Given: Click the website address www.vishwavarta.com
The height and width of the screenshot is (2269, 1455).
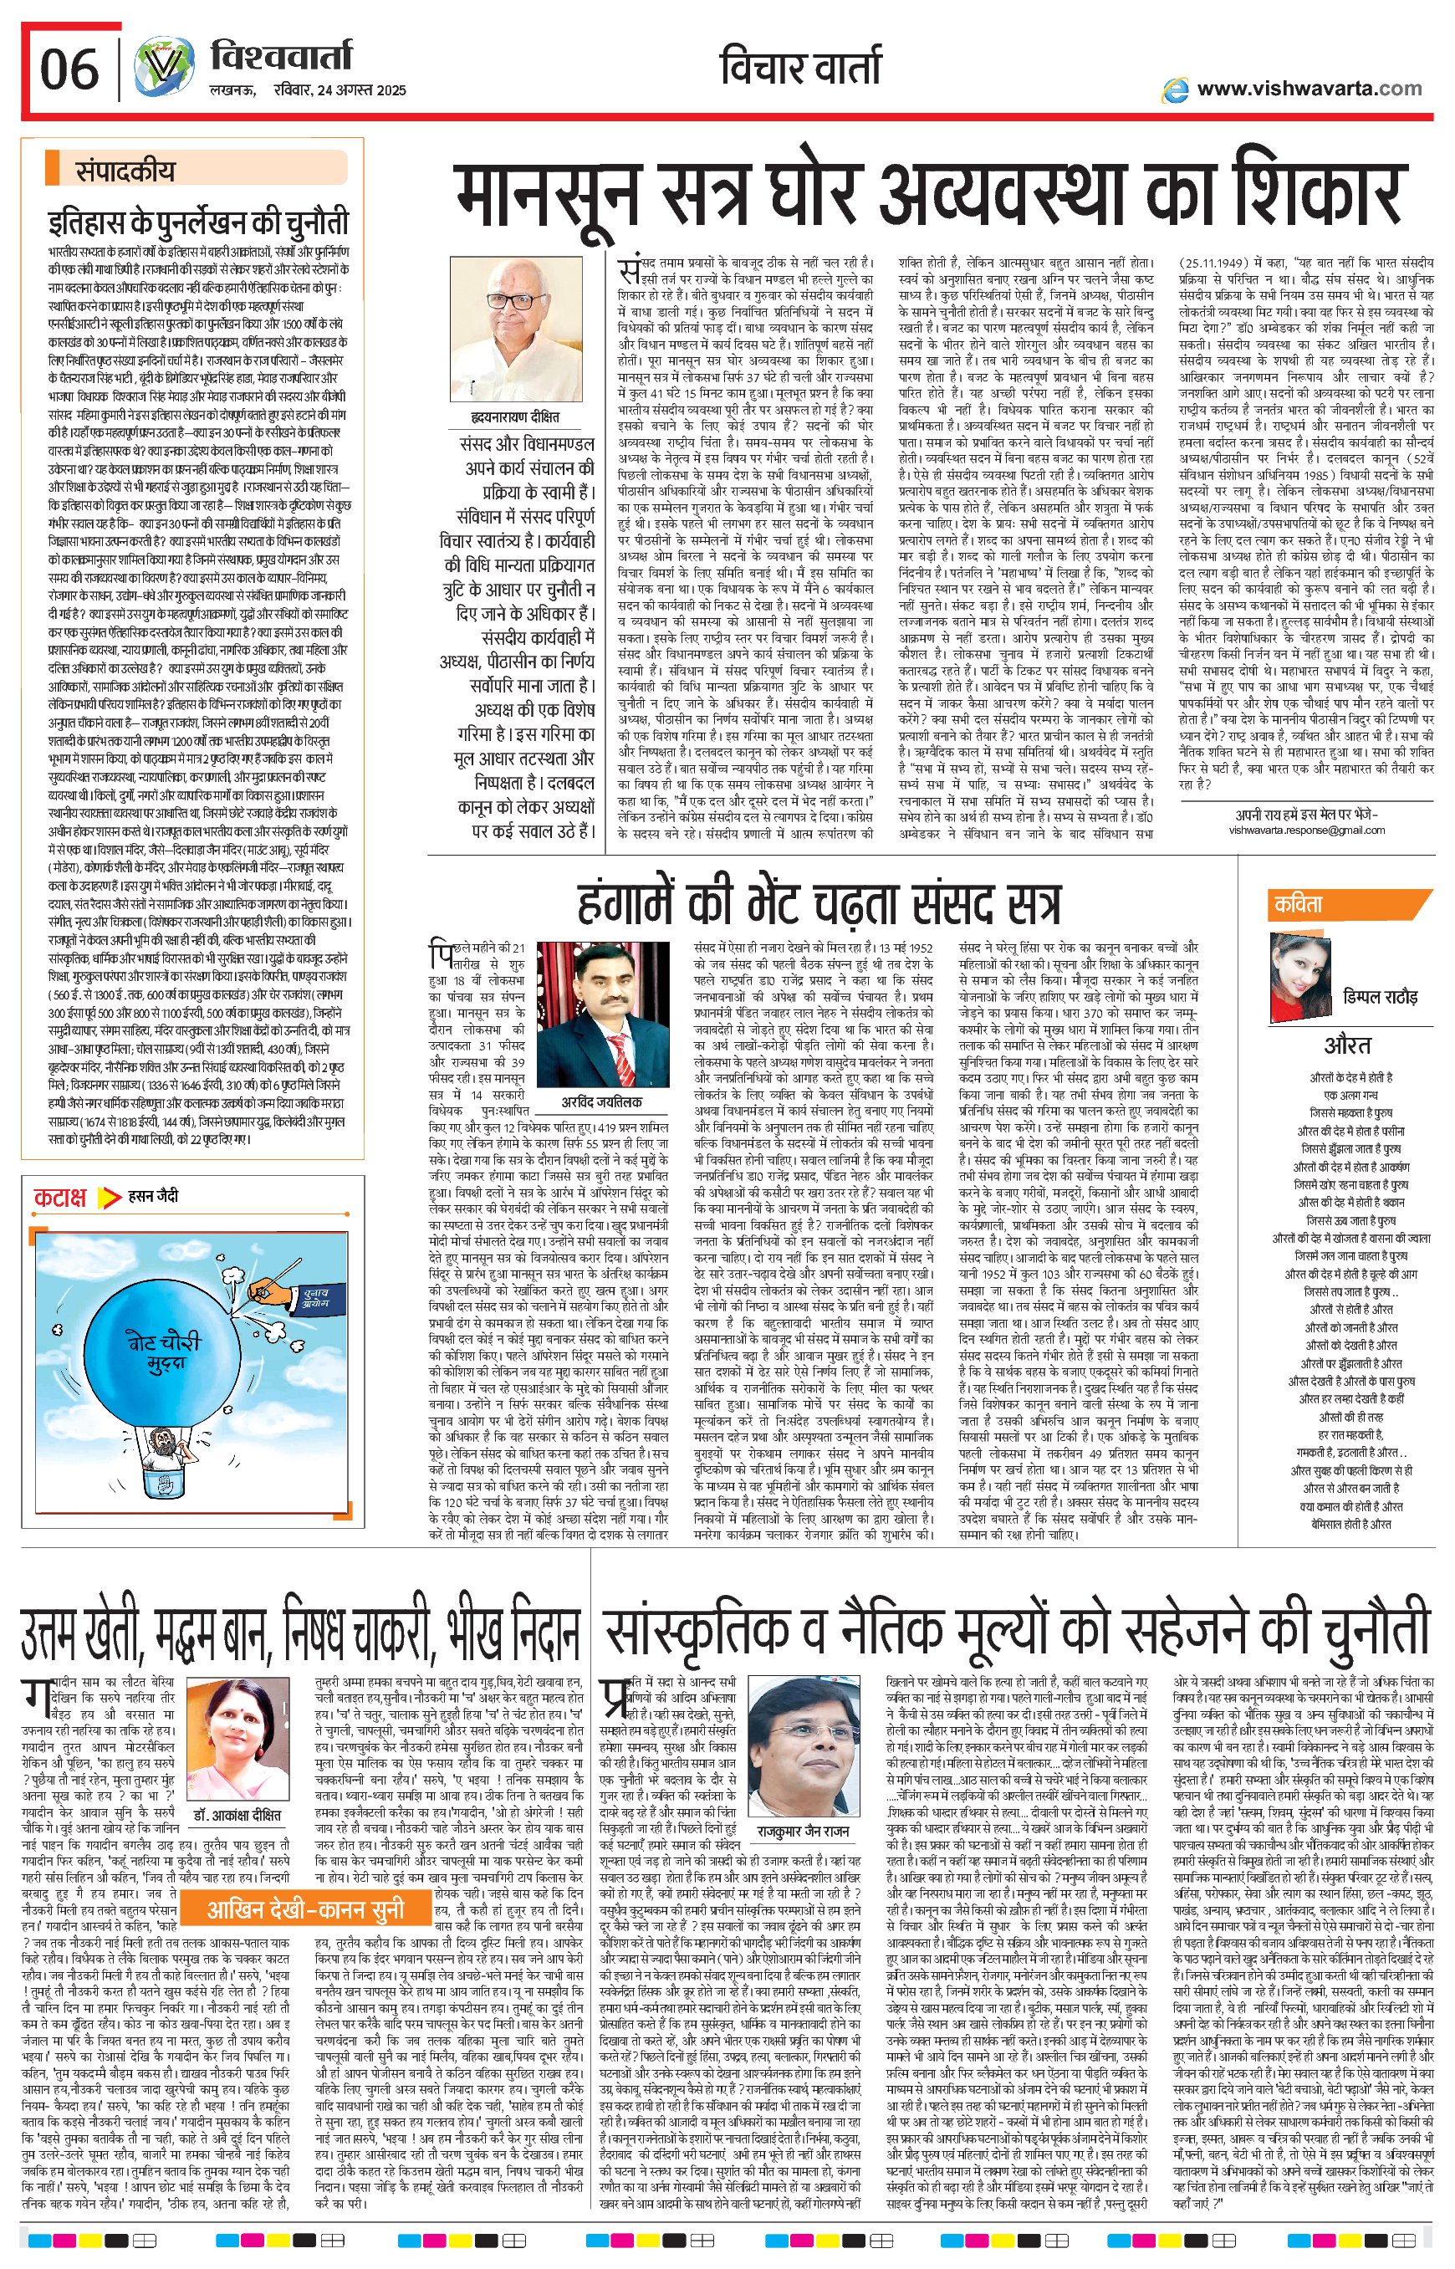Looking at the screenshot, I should point(1309,89).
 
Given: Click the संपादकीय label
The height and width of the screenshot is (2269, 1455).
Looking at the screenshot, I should point(125,171).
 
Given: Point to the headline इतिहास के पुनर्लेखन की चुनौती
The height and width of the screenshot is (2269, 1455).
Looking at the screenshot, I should point(198,223).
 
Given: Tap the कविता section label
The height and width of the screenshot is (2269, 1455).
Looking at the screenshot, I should point(1297,904).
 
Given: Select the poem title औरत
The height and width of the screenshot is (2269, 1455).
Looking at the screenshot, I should point(1346,1045).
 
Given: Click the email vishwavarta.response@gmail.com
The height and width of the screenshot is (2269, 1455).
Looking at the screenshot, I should point(1307,830).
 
